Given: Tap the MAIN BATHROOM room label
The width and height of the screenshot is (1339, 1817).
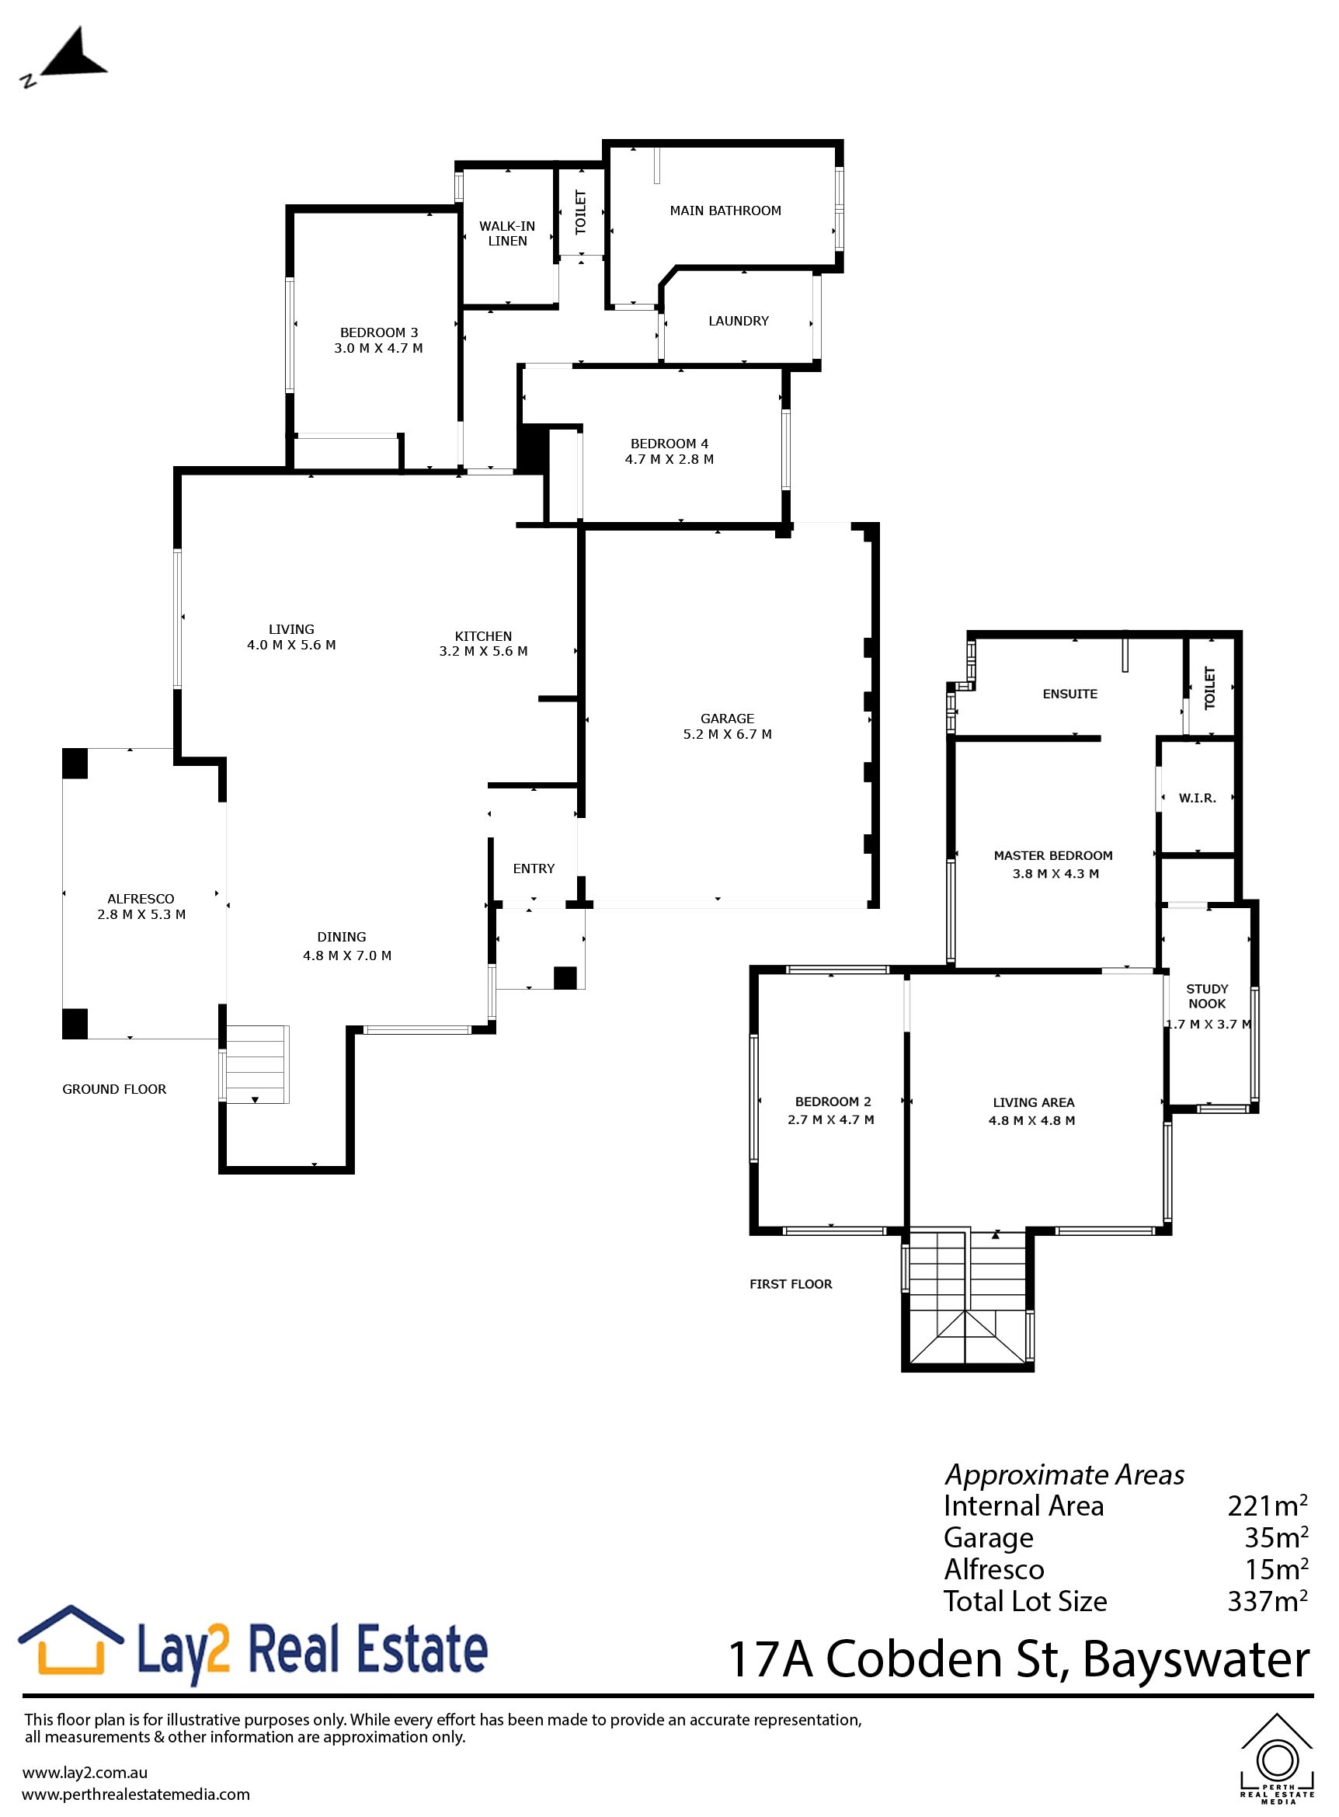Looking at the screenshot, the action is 725,211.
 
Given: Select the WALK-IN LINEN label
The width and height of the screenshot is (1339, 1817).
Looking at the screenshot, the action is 507,234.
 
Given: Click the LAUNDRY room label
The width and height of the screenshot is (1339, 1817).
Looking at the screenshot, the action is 739,321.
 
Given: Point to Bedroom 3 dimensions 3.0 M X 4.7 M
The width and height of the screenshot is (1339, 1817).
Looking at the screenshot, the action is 378,349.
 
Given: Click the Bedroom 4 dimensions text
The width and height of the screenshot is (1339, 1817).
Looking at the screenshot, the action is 669,460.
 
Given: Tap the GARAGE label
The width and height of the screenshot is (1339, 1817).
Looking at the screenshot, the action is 727,719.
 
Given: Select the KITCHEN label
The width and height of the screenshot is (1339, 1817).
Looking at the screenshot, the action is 483,636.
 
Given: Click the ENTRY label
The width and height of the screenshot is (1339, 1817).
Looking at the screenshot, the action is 534,868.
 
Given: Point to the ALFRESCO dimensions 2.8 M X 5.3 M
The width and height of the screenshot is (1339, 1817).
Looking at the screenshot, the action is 141,914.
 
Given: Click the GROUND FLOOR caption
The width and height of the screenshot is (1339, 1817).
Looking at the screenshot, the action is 114,1089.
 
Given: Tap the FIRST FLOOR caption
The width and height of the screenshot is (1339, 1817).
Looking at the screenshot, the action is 790,1283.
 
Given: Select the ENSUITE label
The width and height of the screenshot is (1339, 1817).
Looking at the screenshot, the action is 1070,694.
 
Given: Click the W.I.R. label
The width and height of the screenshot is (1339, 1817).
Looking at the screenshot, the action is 1197,799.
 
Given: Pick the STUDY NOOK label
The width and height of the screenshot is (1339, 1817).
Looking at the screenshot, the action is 1207,997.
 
